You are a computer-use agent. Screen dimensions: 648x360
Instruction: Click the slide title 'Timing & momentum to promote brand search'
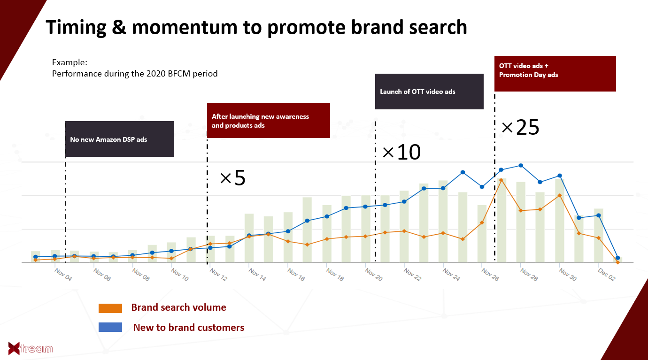[256, 28]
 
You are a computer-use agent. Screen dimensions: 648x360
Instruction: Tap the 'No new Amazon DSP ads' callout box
[119, 139]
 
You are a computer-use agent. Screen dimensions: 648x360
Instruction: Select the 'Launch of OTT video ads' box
[429, 92]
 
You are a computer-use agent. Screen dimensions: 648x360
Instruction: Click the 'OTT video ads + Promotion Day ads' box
[555, 74]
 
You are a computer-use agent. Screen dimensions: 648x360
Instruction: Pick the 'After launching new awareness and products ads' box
[269, 121]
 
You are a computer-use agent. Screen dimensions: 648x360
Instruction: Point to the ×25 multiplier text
[520, 127]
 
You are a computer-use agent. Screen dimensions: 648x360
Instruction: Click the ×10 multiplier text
[401, 152]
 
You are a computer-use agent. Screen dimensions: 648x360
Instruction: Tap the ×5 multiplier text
[233, 178]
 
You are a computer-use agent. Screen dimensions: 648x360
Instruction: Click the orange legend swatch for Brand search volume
[110, 308]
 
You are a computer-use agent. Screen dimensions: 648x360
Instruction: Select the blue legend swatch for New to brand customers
[110, 327]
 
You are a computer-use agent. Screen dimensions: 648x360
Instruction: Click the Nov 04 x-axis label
[63, 275]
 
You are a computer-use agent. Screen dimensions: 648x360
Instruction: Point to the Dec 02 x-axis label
[607, 275]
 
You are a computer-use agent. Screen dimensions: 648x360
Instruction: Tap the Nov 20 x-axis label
[374, 275]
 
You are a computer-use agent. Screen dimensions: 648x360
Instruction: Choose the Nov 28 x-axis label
[529, 275]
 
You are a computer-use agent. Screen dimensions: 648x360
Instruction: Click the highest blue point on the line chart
[521, 166]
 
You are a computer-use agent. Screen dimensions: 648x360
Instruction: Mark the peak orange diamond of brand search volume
[501, 180]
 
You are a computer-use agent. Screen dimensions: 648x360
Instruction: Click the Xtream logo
[31, 348]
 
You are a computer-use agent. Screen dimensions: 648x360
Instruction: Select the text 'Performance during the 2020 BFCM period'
[135, 74]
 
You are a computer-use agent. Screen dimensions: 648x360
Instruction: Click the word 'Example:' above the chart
[69, 62]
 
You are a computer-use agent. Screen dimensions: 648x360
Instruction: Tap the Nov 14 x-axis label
[257, 275]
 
